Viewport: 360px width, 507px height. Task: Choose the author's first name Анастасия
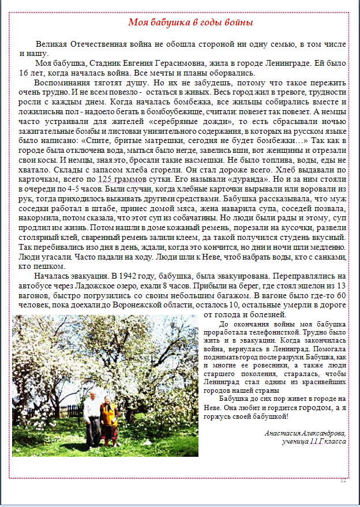pos(282,433)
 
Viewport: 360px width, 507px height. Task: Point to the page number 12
pos(343,481)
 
